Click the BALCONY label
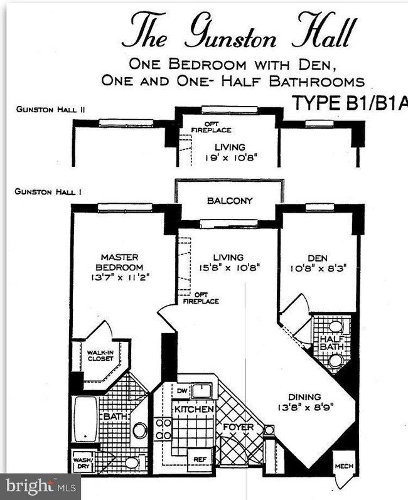tap(229, 201)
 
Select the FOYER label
tap(239, 427)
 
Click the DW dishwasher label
tap(182, 391)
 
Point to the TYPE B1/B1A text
tap(350, 104)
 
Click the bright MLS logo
tap(40, 486)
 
